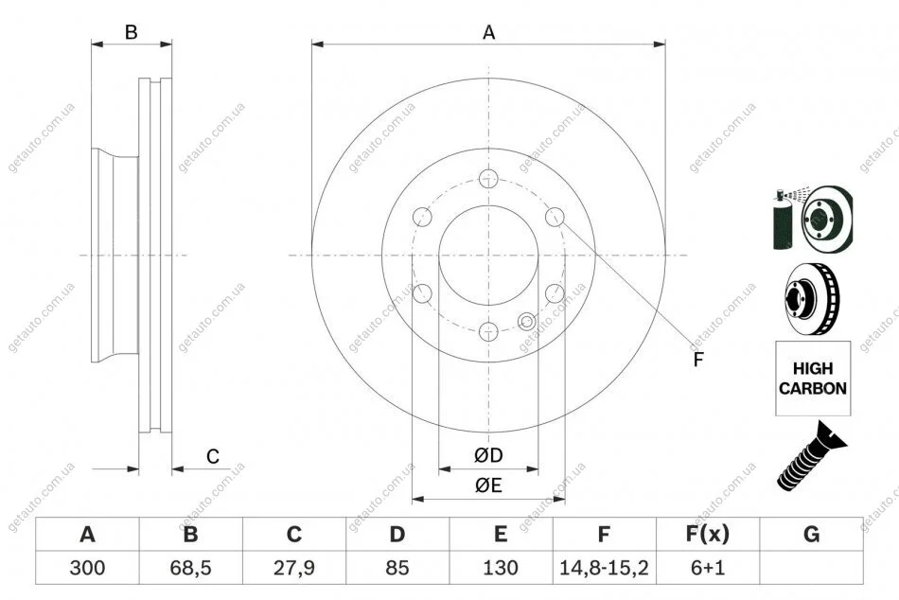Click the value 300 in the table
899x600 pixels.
pyautogui.click(x=87, y=568)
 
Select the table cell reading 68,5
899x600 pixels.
pyautogui.click(x=191, y=568)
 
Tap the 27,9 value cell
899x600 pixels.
pyautogui.click(x=294, y=568)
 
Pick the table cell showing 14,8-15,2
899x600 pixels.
pyautogui.click(x=604, y=568)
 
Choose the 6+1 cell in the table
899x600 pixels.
pyautogui.click(x=708, y=568)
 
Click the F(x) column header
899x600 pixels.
pyautogui.click(x=708, y=534)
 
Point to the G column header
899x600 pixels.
pyautogui.click(x=811, y=534)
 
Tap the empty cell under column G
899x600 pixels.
pyautogui.click(x=811, y=568)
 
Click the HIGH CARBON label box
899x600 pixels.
pyautogui.click(x=813, y=378)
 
